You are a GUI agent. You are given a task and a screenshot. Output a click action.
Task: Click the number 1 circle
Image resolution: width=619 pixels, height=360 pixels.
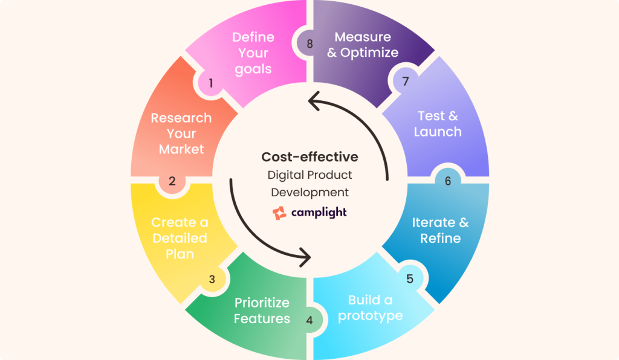(x=211, y=83)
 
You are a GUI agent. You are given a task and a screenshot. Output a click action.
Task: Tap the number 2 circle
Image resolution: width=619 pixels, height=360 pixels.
(x=172, y=181)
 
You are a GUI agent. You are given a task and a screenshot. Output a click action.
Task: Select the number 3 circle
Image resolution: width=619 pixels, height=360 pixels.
(x=212, y=279)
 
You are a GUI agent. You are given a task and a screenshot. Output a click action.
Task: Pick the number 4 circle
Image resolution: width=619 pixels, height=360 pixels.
(x=309, y=320)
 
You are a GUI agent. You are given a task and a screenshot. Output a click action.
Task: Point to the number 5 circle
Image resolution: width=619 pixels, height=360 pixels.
(x=409, y=278)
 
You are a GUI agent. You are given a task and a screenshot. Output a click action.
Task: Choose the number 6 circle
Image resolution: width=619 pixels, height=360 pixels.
(x=448, y=181)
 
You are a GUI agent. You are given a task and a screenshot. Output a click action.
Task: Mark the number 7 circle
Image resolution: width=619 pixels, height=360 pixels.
(x=406, y=80)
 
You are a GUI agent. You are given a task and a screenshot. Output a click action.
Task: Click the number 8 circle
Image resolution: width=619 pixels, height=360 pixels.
(x=309, y=43)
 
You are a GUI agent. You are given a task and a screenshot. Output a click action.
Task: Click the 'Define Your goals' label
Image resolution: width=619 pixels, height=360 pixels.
(x=253, y=53)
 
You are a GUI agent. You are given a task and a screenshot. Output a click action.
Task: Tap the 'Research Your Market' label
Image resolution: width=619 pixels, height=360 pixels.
(x=181, y=133)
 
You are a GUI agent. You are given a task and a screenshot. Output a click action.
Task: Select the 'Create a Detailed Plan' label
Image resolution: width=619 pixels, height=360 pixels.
(x=180, y=238)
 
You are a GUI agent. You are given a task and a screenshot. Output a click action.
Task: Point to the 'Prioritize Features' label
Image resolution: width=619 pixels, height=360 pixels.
(x=262, y=310)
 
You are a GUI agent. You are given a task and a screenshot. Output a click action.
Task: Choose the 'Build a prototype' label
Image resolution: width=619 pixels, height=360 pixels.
(x=370, y=308)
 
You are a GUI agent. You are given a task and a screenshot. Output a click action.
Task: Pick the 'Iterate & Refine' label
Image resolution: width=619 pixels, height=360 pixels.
(x=440, y=230)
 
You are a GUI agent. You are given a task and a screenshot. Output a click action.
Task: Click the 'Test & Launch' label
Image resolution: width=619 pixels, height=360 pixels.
(x=438, y=124)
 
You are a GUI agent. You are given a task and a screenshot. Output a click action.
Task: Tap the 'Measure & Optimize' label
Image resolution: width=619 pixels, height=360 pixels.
(x=363, y=45)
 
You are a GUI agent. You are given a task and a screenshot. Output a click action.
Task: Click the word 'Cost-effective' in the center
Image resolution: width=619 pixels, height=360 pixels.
(x=309, y=157)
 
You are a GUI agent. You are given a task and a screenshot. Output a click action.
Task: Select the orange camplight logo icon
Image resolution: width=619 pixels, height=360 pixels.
(x=279, y=213)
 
